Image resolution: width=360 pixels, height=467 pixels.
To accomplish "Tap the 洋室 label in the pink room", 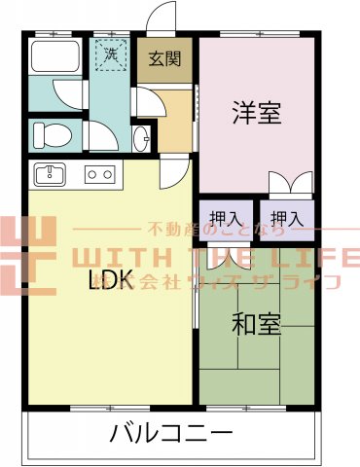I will pos(256,112).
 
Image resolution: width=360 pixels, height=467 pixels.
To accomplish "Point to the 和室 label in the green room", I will pos(256,323).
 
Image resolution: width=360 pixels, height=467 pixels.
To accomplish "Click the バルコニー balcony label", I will pos(170,432).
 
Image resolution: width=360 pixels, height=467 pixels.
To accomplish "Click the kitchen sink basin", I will pos(50,175).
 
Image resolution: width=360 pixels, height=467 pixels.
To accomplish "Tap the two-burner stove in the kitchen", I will pos(98,175).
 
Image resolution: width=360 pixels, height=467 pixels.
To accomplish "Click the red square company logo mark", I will pos(27,255).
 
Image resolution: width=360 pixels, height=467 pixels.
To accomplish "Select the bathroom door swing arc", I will pos(68,98).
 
